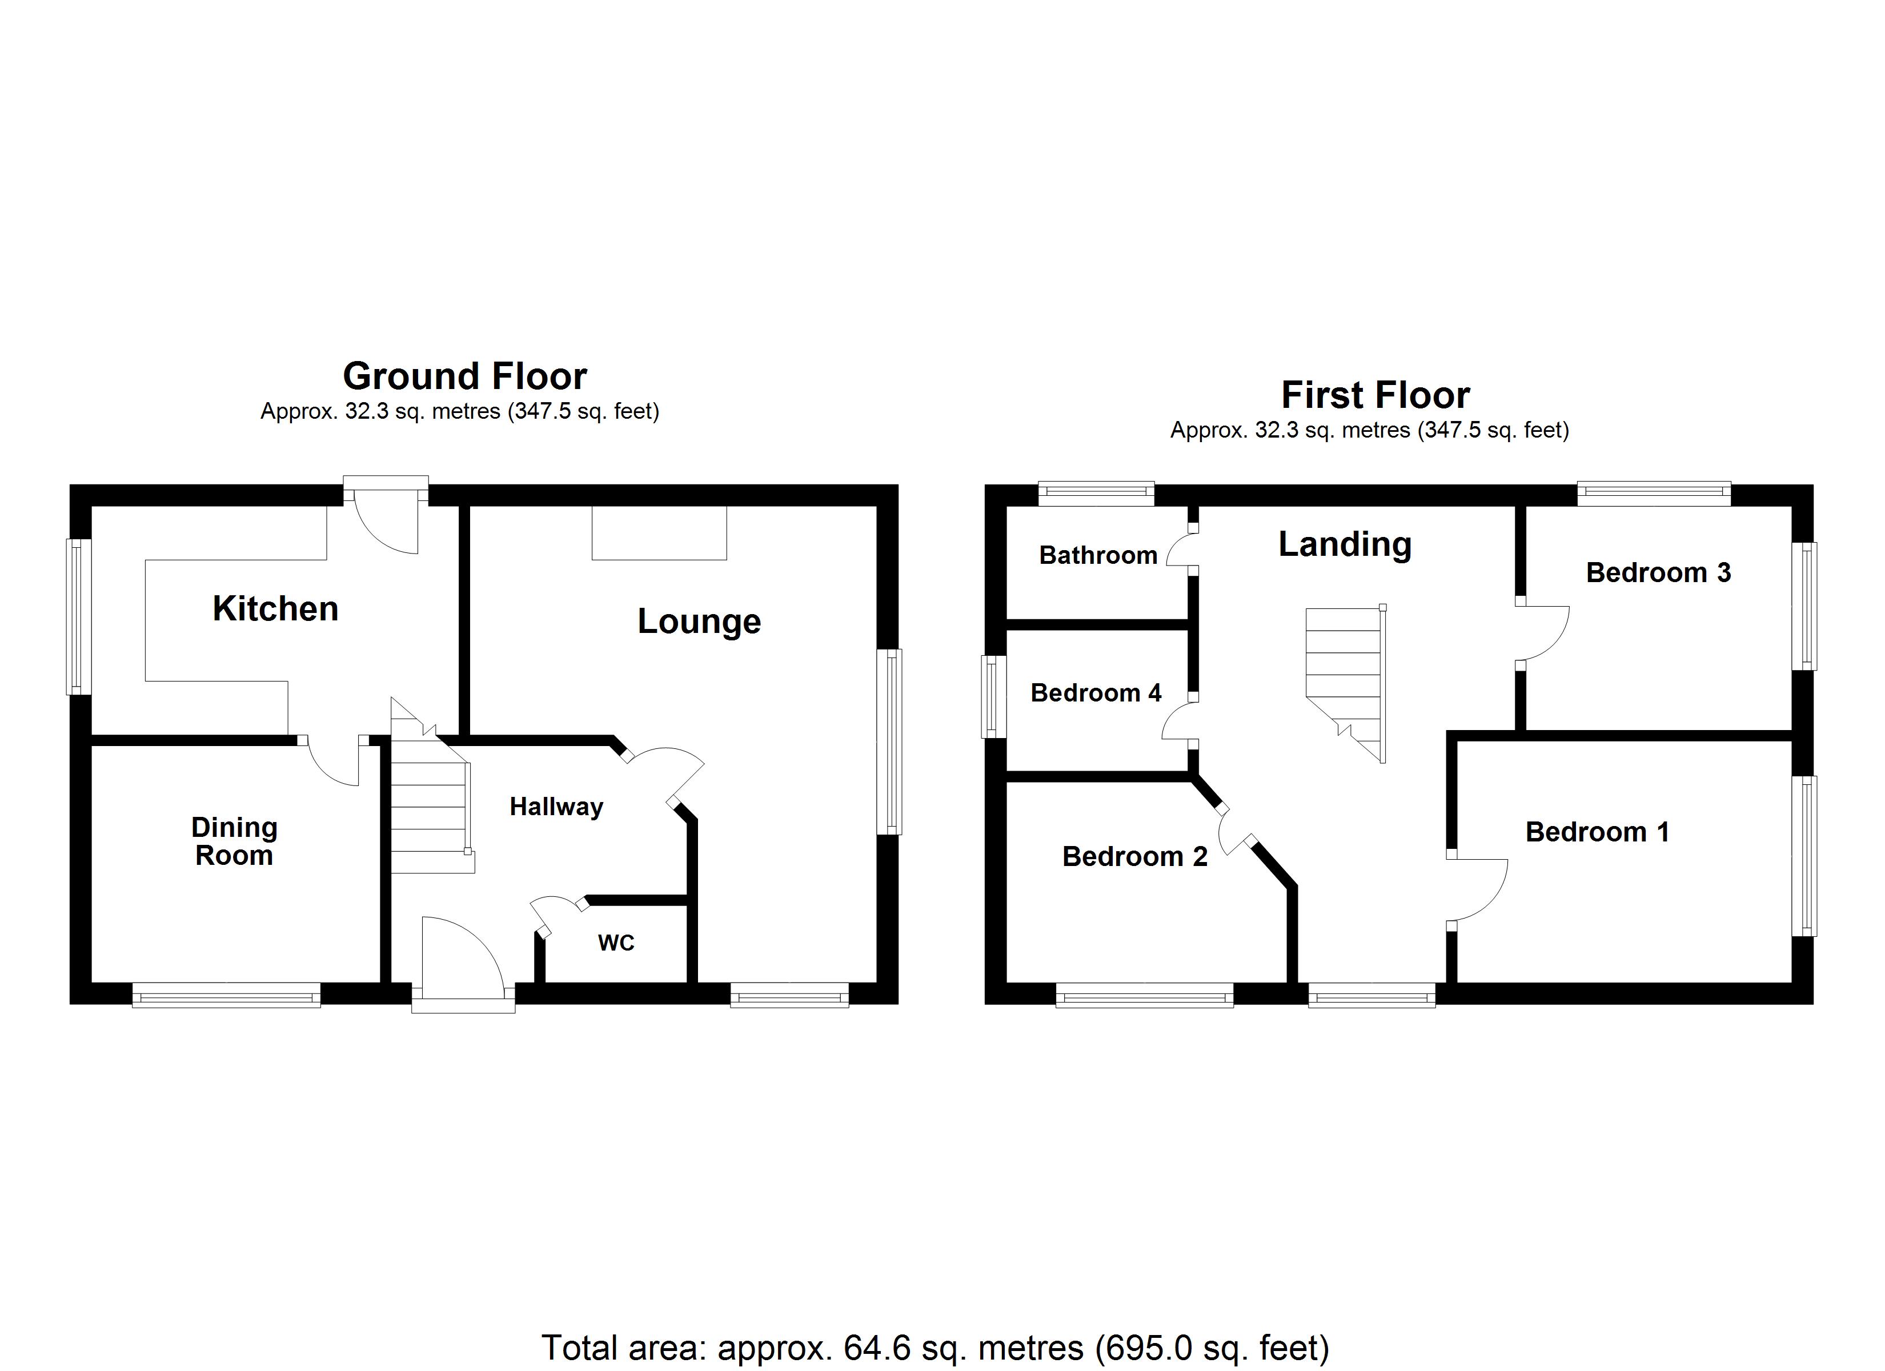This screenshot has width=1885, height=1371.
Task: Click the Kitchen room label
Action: click(x=275, y=610)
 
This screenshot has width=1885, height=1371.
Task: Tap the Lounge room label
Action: click(x=699, y=622)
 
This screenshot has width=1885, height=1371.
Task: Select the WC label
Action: click(x=616, y=943)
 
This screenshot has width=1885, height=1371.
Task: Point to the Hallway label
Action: click(x=556, y=807)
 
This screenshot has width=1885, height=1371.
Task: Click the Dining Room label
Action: click(x=234, y=841)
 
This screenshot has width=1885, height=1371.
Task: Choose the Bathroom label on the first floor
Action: click(x=1098, y=555)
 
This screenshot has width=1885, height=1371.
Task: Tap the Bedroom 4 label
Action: click(x=1096, y=692)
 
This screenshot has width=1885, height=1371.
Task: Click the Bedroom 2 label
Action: click(x=1134, y=856)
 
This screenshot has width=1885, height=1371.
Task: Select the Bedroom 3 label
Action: click(x=1658, y=573)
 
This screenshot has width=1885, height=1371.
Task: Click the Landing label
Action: click(x=1345, y=544)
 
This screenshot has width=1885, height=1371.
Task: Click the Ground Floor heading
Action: click(x=464, y=376)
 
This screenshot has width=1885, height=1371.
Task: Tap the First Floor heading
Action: click(x=1375, y=395)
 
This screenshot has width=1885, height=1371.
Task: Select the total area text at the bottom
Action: click(x=935, y=1348)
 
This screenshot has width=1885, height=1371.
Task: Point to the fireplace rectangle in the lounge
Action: click(x=659, y=532)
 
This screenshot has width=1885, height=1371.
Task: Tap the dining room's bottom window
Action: click(x=226, y=995)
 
